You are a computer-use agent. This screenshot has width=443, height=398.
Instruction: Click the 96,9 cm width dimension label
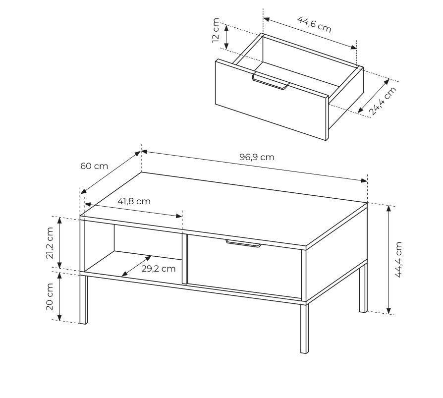point(257,157)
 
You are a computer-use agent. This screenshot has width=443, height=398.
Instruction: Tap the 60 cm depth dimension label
point(94,166)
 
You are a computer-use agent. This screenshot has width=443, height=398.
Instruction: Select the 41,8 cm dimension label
point(134,201)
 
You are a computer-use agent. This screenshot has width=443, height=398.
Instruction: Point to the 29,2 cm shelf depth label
point(159,269)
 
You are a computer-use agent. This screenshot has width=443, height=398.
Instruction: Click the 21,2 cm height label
point(50,243)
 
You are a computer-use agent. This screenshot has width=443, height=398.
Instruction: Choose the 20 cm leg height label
point(50,296)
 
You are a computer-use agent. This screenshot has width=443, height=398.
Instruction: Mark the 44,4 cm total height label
point(398,260)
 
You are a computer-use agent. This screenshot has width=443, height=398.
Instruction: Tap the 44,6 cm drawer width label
point(314,24)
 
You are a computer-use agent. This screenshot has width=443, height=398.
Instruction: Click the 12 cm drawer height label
point(216,30)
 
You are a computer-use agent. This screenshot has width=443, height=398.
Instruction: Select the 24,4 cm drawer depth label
point(383,101)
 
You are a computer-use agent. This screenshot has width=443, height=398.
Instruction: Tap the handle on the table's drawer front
point(243,244)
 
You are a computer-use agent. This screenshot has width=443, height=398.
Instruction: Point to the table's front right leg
point(304,329)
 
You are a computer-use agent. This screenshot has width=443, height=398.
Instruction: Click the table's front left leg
point(83,299)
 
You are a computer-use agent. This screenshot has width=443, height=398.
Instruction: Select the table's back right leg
point(363,288)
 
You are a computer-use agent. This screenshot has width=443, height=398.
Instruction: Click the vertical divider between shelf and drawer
point(184,258)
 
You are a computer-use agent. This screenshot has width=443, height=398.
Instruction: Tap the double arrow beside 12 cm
point(226,37)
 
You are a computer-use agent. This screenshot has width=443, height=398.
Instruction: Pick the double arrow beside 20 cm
point(59,296)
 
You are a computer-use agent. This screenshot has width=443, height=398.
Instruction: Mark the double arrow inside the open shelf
point(136,266)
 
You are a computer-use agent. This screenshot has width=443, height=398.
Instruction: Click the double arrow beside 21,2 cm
point(59,242)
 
